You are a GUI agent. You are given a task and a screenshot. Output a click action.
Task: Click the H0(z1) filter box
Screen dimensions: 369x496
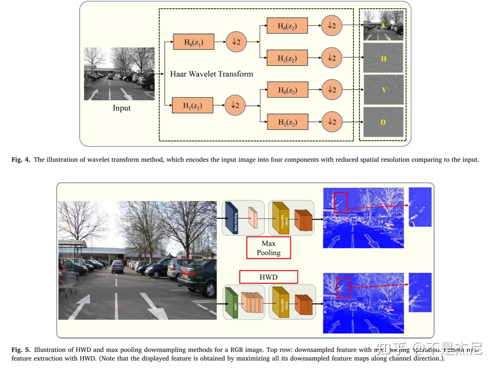(x=193, y=42)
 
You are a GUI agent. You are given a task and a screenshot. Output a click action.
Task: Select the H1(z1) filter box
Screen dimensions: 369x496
(x=192, y=105)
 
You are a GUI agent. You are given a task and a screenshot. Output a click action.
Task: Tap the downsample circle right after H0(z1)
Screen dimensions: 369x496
(x=236, y=42)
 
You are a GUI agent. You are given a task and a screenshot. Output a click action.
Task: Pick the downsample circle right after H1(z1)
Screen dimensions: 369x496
(x=235, y=105)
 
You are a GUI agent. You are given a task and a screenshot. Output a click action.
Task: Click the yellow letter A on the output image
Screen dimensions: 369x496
(x=383, y=26)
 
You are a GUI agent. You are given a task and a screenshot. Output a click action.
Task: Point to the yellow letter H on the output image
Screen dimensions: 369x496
(x=384, y=59)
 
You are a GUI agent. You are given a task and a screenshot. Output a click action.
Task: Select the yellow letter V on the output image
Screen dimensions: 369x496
(x=384, y=90)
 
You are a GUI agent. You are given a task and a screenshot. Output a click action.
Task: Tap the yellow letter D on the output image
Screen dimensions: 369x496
(x=383, y=122)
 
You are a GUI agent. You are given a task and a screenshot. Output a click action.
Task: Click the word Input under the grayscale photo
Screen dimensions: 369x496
(x=122, y=108)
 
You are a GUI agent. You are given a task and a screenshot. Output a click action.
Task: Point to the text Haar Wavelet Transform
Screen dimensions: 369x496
(x=212, y=74)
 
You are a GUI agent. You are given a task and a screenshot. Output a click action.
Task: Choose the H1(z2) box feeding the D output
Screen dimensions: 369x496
(x=288, y=122)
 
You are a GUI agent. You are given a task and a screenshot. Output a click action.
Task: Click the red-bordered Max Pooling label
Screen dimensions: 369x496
(x=269, y=248)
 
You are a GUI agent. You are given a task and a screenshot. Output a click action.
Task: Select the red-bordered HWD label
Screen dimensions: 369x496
(x=268, y=277)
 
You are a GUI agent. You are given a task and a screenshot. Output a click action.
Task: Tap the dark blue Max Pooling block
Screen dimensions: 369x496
(x=232, y=218)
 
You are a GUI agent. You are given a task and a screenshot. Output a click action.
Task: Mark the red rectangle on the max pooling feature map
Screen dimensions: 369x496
(x=341, y=202)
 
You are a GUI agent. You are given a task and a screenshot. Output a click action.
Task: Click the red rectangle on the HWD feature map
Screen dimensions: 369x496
(x=343, y=287)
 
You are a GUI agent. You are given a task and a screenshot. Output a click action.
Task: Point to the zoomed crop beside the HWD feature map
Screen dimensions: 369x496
(x=420, y=292)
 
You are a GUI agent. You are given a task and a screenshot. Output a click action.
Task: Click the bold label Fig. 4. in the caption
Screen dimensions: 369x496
(x=21, y=160)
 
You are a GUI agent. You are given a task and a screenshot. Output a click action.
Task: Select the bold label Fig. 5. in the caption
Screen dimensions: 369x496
(x=21, y=350)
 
